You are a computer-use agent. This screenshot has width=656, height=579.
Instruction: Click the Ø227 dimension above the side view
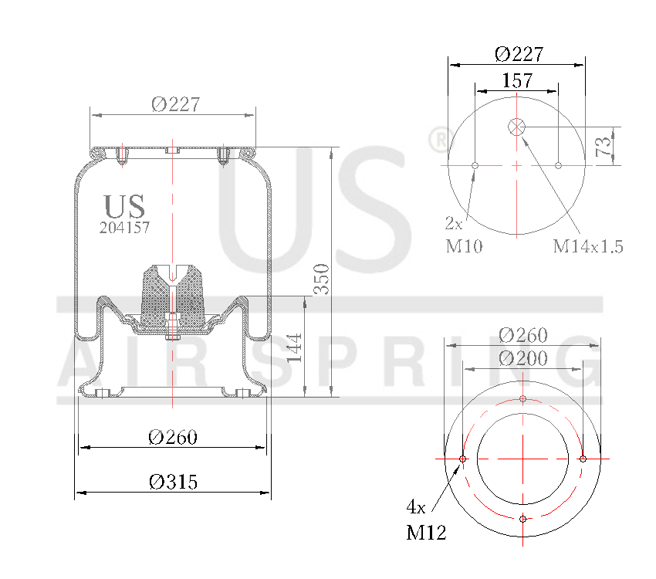pyautogui.click(x=176, y=104)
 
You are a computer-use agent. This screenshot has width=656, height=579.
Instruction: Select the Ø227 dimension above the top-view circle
pyautogui.click(x=518, y=53)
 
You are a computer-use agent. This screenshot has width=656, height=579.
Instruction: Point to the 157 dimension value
pyautogui.click(x=517, y=80)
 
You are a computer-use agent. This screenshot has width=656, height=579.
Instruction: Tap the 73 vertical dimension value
pyautogui.click(x=606, y=144)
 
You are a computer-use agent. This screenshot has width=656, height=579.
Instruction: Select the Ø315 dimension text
pyautogui.click(x=173, y=482)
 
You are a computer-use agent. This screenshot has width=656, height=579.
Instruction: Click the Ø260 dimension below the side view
pyautogui.click(x=173, y=438)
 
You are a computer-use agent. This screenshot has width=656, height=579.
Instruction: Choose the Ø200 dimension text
pyautogui.click(x=522, y=358)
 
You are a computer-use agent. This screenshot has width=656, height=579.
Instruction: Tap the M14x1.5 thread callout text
pyautogui.click(x=587, y=246)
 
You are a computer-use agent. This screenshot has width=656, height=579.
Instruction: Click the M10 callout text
pyautogui.click(x=464, y=246)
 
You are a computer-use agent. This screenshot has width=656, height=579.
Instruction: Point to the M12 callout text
pyautogui.click(x=426, y=532)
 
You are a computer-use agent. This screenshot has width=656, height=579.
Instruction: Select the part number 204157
pyautogui.click(x=124, y=228)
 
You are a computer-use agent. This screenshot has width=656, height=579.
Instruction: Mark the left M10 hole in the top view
pyautogui.click(x=475, y=165)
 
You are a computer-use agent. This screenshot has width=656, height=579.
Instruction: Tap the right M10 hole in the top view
pyautogui.click(x=558, y=165)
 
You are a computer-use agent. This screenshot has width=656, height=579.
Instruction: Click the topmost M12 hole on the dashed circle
pyautogui.click(x=523, y=399)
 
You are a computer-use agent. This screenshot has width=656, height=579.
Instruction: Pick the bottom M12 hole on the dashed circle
pyautogui.click(x=523, y=518)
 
